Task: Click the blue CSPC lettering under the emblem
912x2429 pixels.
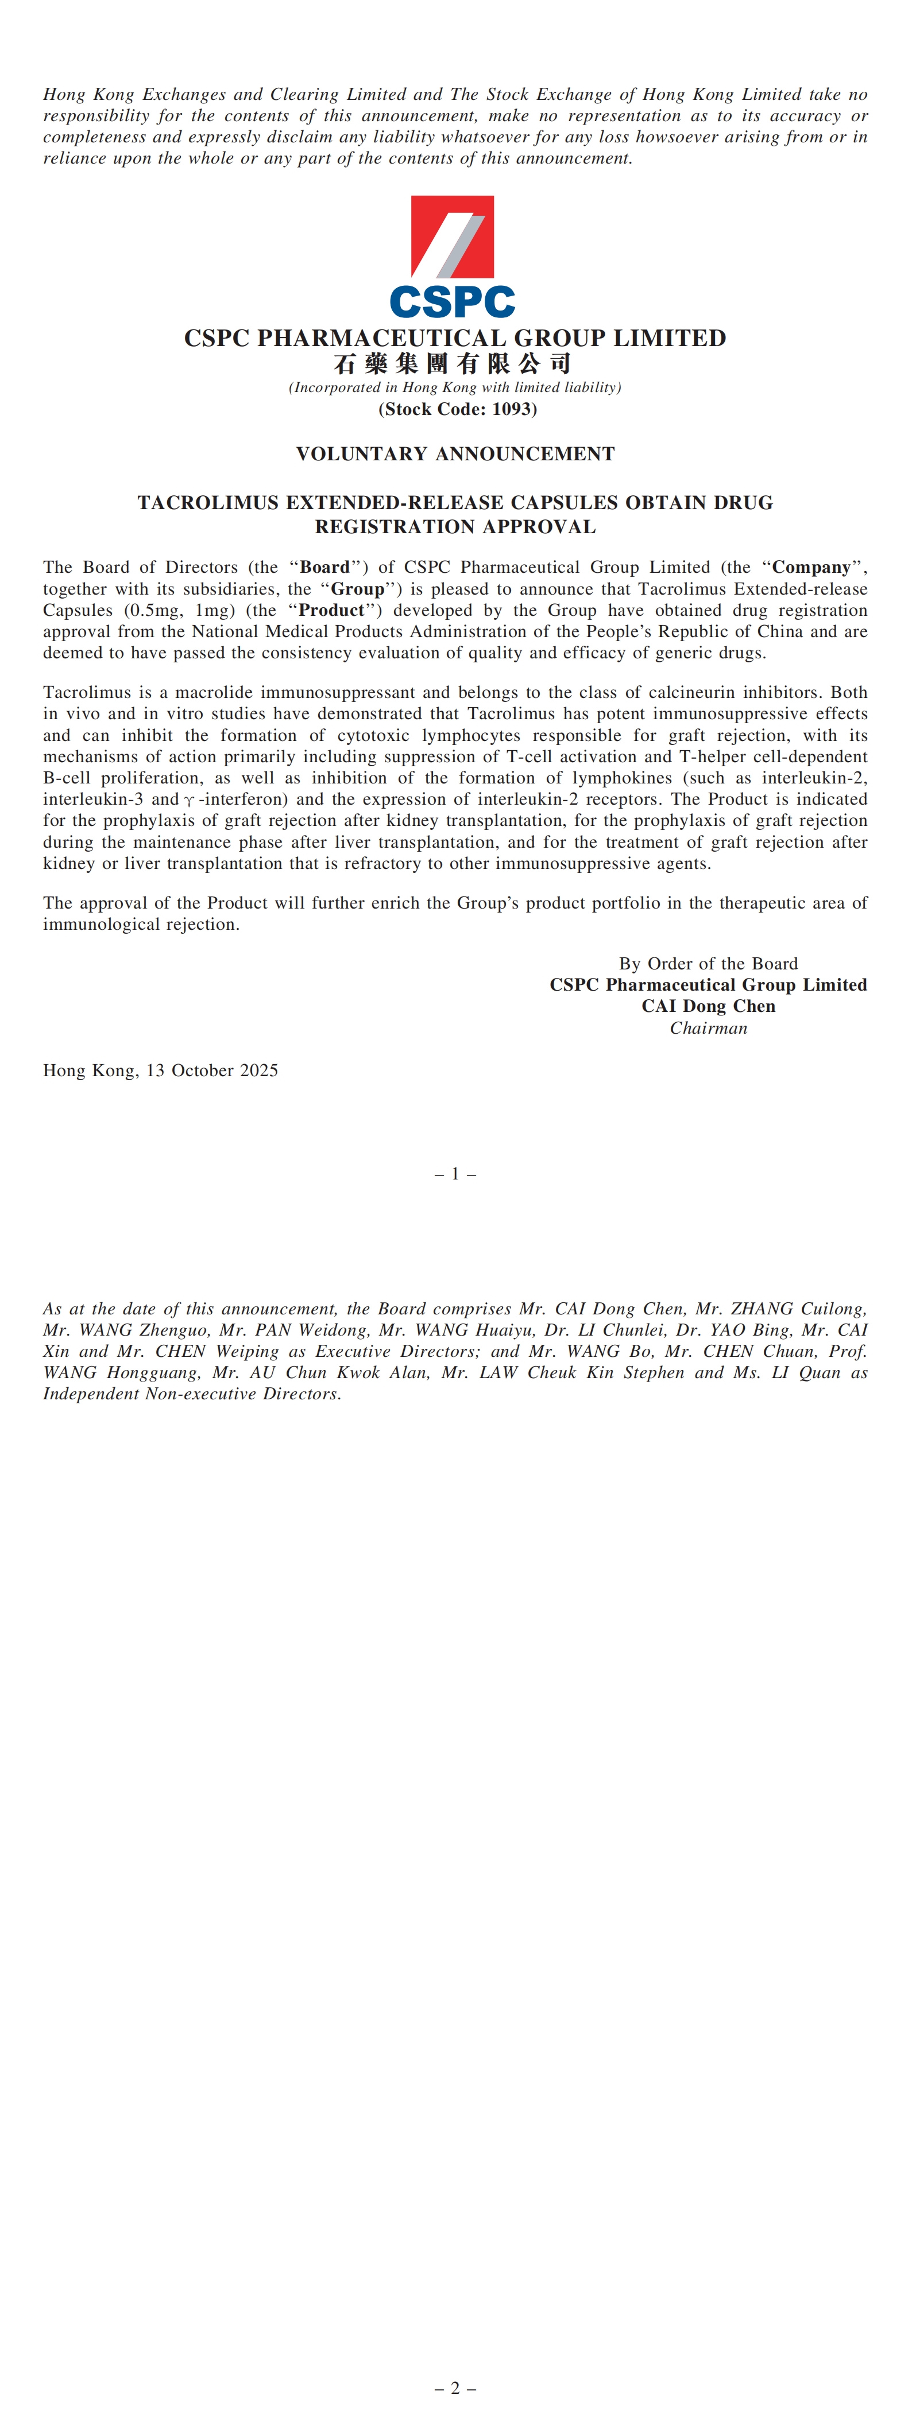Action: coord(452,302)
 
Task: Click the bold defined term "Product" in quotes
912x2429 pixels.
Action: coord(330,610)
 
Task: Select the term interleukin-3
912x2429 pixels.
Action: coord(94,800)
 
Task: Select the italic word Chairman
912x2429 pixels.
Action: coord(708,1028)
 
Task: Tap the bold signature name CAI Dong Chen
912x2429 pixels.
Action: coord(708,1006)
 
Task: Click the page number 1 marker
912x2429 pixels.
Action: coord(455,1174)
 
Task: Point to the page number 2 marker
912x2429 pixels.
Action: coord(455,2388)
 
